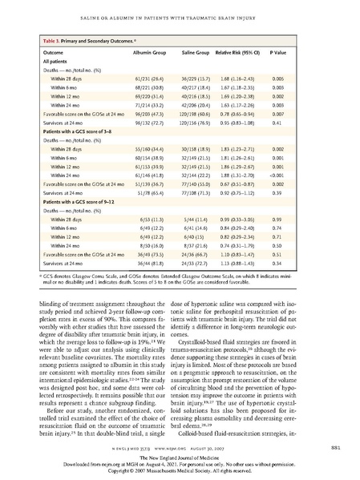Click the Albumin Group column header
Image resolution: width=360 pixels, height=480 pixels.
point(148,50)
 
